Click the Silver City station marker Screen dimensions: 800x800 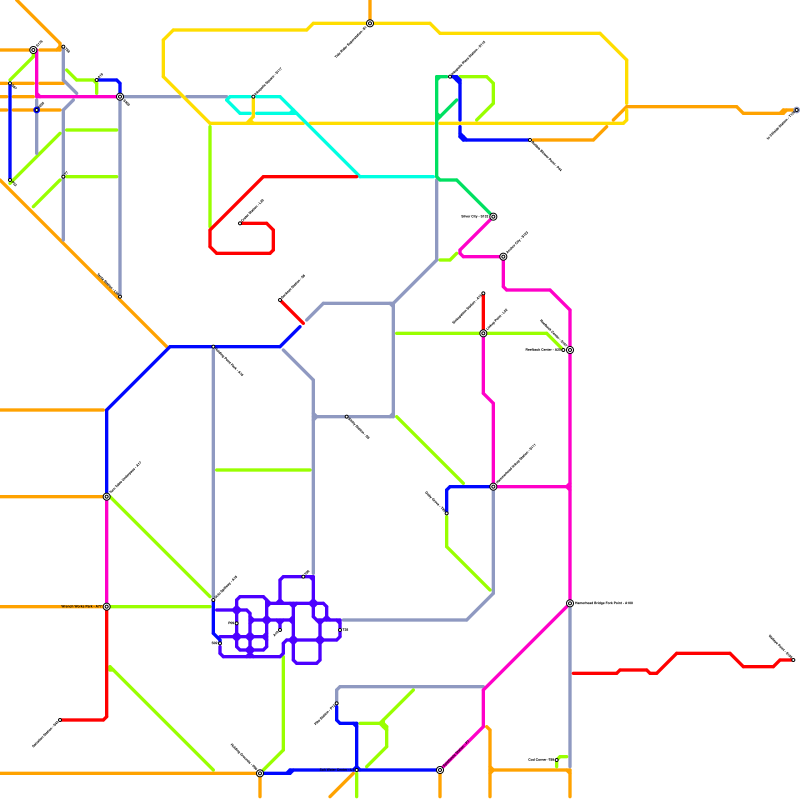(493, 216)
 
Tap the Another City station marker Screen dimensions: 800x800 (503, 256)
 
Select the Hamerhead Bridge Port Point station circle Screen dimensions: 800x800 (569, 603)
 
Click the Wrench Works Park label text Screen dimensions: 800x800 (81, 606)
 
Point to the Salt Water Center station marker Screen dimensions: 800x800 (356, 770)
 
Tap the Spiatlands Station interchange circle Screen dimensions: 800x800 (439, 770)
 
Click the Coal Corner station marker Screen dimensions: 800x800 (556, 760)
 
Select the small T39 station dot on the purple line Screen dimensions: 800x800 (340, 630)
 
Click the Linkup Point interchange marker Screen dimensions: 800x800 (483, 333)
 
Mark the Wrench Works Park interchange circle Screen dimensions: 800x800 (106, 606)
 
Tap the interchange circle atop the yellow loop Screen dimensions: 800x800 (370, 23)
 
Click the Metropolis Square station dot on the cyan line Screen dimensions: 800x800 (253, 96)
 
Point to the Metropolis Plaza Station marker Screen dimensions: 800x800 (450, 76)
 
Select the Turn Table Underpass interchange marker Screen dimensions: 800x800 (106, 496)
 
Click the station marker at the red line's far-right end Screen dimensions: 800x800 (793, 660)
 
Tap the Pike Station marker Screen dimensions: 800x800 (336, 703)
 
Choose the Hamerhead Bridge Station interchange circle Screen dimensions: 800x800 (493, 486)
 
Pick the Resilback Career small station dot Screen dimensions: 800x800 (563, 350)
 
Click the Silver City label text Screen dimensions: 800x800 (474, 216)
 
